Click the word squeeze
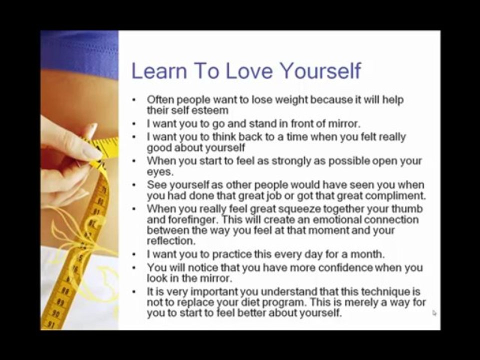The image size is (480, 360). click(295, 209)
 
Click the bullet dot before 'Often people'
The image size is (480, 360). click(134, 100)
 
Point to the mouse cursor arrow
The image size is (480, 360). click(434, 312)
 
